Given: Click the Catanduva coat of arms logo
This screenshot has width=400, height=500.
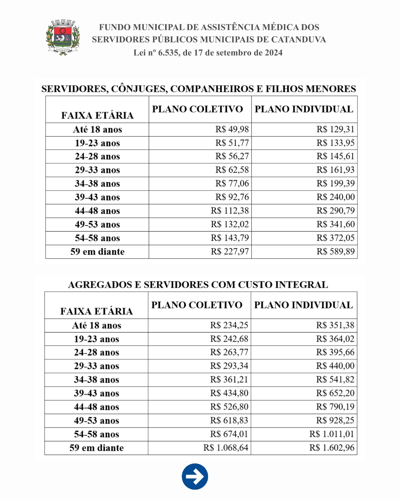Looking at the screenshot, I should pos(63,37).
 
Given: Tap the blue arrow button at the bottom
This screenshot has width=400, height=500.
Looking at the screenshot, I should pos(195,477).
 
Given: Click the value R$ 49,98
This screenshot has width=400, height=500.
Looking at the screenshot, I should pos(232,129).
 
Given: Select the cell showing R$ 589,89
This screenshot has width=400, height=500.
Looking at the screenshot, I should pos(335,252).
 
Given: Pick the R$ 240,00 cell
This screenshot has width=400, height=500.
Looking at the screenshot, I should pos(335,197).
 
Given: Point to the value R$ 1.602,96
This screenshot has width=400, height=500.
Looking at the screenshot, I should pos(332,448).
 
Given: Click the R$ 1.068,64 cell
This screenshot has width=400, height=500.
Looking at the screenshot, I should pos(225,448).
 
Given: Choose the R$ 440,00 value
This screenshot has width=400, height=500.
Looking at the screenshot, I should pos(335,366).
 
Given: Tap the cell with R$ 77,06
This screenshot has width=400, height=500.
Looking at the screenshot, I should pos(232,183).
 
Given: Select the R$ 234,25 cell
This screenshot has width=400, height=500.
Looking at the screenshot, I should pos(229,325).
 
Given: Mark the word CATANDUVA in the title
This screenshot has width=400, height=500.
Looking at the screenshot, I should pos(298,40).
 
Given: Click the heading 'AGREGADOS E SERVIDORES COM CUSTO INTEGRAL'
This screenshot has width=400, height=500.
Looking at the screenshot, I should pos(198,285).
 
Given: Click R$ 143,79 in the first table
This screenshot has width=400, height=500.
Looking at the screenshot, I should pos(230,238).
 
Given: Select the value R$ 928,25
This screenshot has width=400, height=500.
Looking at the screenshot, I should pos(335,420).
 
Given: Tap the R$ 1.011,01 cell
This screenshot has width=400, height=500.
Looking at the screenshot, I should pos(332,434).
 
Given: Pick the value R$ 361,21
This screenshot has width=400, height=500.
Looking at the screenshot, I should pos(229,380).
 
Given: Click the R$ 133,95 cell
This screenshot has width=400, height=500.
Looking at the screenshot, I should pos(335,143).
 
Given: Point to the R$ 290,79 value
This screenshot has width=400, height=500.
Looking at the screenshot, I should pos(335,211).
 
